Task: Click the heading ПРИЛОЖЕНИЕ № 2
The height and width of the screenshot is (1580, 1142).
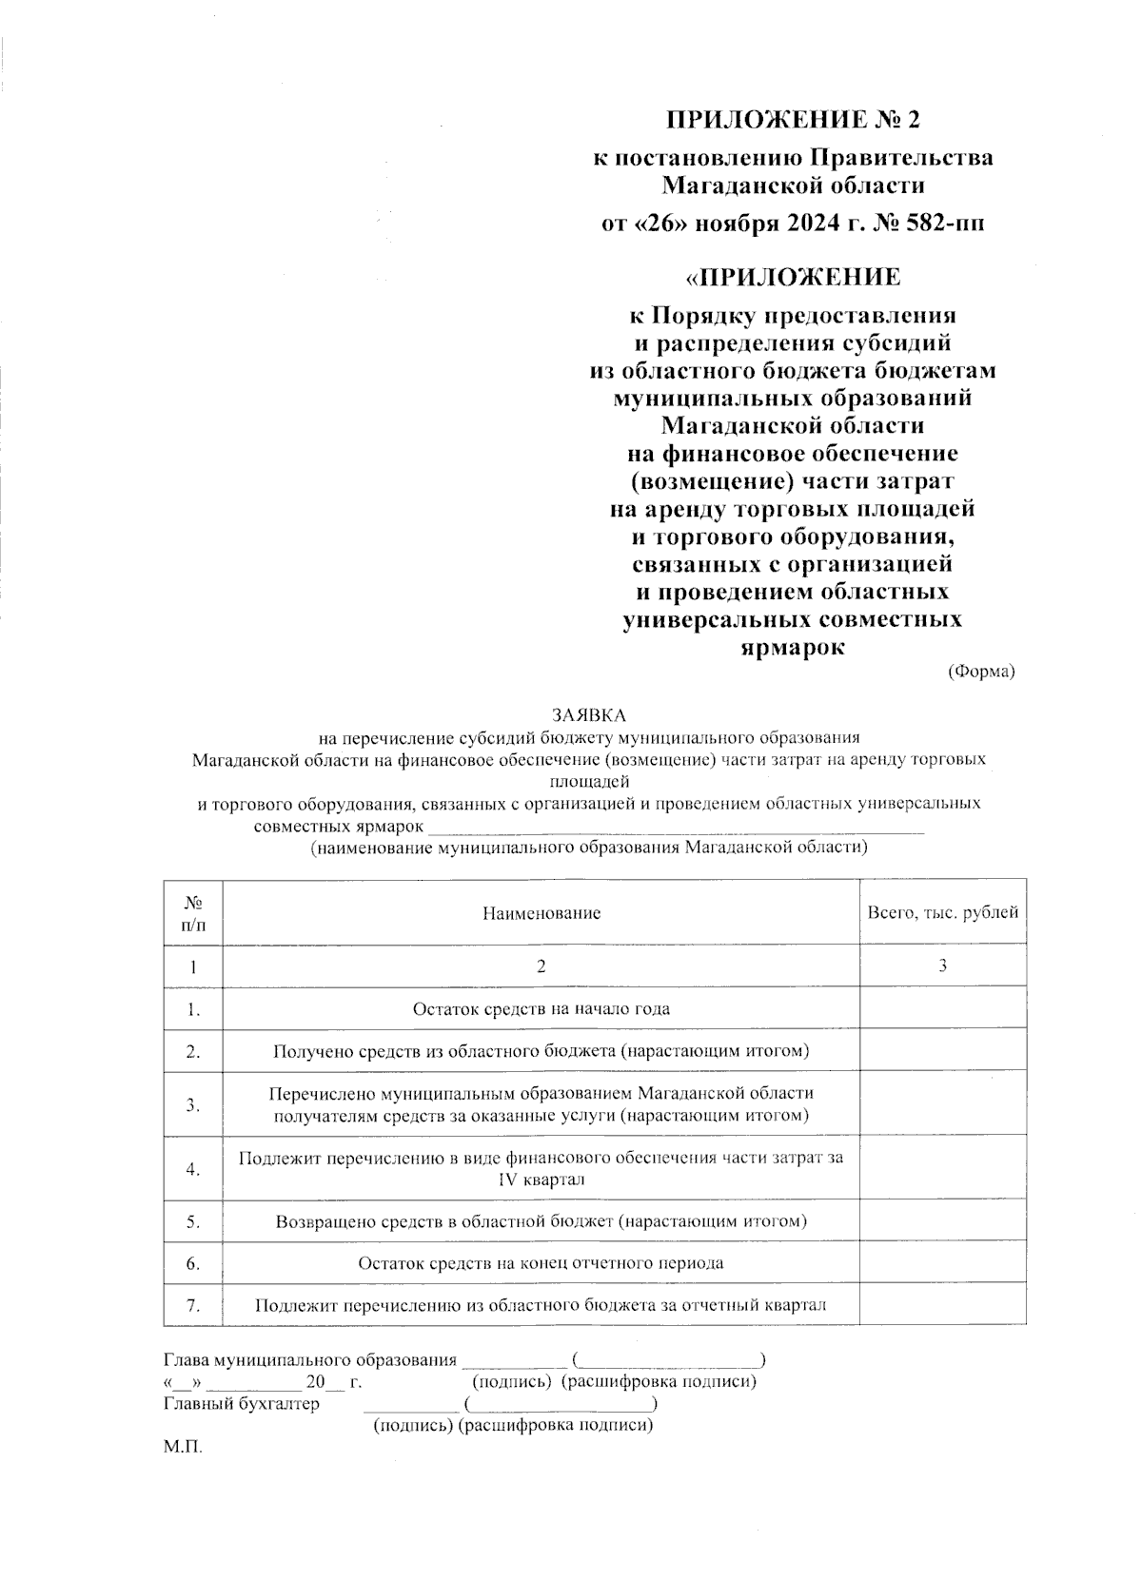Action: point(793,120)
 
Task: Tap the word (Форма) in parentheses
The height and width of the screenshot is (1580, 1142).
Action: point(981,672)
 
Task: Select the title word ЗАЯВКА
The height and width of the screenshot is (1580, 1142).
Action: point(589,714)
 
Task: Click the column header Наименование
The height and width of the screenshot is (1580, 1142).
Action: point(541,913)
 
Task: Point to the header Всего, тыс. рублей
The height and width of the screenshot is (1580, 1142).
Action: point(942,912)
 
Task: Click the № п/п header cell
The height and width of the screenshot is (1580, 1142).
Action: point(193,912)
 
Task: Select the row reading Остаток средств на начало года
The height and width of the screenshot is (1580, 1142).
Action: point(541,1009)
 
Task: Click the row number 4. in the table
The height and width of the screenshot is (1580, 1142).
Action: point(193,1168)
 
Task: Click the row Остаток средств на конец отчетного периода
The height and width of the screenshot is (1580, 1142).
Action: point(541,1263)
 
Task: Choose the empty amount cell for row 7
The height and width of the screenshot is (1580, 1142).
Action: point(942,1304)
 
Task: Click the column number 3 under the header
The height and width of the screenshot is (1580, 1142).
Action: point(942,966)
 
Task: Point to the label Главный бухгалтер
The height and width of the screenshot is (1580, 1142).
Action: point(242,1403)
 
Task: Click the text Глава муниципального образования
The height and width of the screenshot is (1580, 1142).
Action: point(310,1360)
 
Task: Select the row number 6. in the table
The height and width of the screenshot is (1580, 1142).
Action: point(193,1263)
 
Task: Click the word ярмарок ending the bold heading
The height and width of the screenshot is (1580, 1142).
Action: point(793,648)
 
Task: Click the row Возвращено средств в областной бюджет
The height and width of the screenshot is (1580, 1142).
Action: point(541,1221)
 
